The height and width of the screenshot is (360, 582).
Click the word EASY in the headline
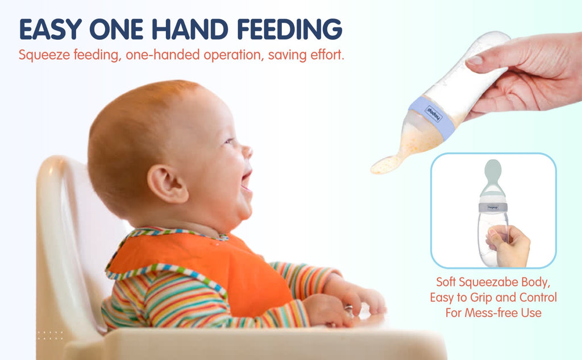(x=51, y=29)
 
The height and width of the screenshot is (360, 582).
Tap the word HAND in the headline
(x=190, y=29)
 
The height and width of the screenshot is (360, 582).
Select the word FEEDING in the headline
(x=289, y=29)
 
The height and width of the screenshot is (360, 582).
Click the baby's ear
(x=167, y=184)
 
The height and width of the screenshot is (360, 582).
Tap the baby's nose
(x=247, y=151)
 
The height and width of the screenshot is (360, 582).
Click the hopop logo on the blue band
(x=434, y=113)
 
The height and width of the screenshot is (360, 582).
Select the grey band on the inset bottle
(x=493, y=208)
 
